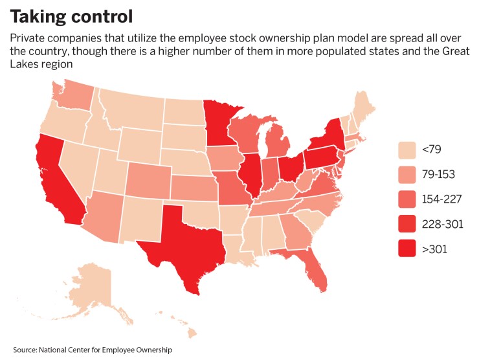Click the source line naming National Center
[x=92, y=350]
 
